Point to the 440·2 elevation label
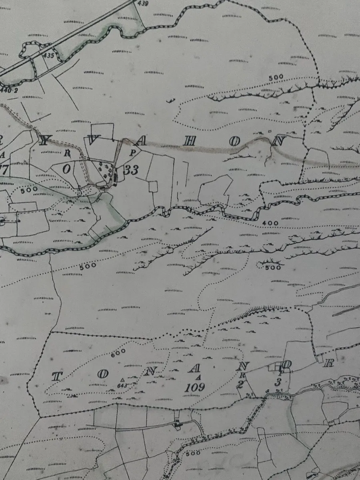click(x=9, y=90)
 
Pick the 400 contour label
click(x=270, y=223)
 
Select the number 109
click(x=196, y=387)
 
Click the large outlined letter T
click(x=57, y=376)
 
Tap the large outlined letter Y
click(x=46, y=140)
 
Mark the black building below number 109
click(x=177, y=424)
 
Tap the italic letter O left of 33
click(x=66, y=169)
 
